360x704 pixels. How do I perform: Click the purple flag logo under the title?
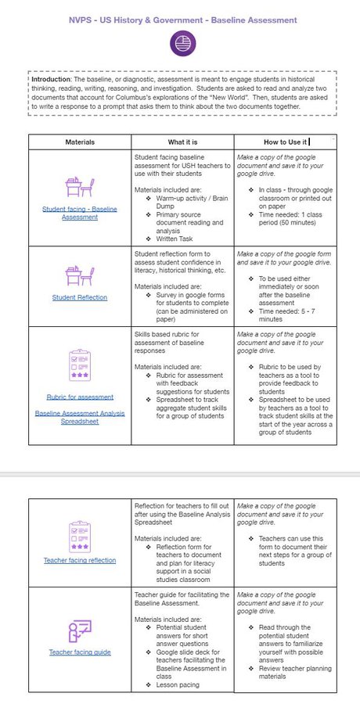point(181,44)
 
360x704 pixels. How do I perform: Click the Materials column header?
point(81,142)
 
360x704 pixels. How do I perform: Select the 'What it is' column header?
point(183,142)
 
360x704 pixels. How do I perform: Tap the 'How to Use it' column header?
point(285,142)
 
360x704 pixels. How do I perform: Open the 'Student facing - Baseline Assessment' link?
point(80,214)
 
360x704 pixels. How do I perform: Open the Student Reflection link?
point(80,297)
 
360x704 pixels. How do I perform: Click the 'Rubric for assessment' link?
point(80,397)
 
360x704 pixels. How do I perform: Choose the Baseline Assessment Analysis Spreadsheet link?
point(80,416)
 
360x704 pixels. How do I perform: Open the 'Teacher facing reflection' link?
point(80,560)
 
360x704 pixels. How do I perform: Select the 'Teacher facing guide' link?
point(80,652)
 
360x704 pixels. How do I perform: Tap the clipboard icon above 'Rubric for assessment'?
point(80,365)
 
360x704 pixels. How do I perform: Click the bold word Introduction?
point(53,79)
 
